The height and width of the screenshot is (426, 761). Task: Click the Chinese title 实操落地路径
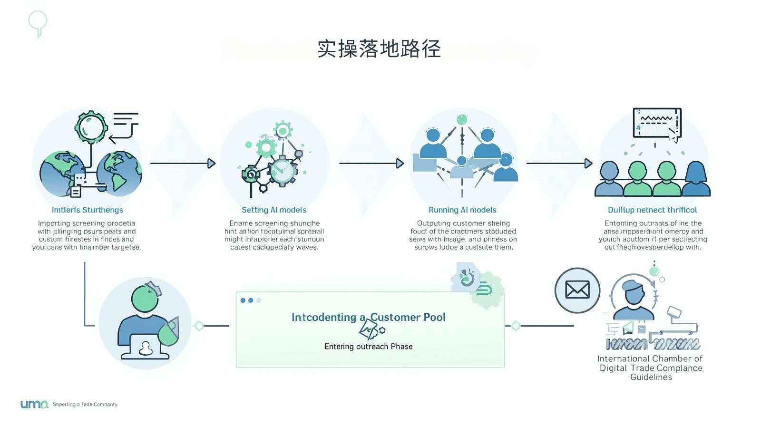coord(379,49)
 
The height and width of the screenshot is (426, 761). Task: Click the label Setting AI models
coord(274,210)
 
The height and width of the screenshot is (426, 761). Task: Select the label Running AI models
coord(462,210)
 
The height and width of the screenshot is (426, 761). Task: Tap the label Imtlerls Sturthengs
coord(87,210)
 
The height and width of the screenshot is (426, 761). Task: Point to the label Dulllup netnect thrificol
coord(652,210)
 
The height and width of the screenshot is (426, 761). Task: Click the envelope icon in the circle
coord(577,290)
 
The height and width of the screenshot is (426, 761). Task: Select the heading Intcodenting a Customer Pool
coord(368,317)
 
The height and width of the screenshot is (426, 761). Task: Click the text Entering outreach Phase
coord(368,347)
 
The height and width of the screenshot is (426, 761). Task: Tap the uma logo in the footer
coord(34,404)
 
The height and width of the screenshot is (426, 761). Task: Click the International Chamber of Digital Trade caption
coord(650,368)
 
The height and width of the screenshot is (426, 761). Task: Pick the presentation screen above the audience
coord(657,122)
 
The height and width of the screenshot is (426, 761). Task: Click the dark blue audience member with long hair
coord(696,179)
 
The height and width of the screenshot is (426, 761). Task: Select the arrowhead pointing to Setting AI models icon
coord(212,163)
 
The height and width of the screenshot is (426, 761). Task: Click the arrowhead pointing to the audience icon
coord(588,163)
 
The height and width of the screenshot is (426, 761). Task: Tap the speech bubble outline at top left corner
coord(38,22)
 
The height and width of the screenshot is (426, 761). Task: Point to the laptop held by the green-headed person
coord(145,347)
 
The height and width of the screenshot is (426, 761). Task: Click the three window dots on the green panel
coord(251,300)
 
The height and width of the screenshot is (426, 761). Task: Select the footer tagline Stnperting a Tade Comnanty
coord(85,405)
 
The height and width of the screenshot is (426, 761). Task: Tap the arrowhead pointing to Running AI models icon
coord(400,163)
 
